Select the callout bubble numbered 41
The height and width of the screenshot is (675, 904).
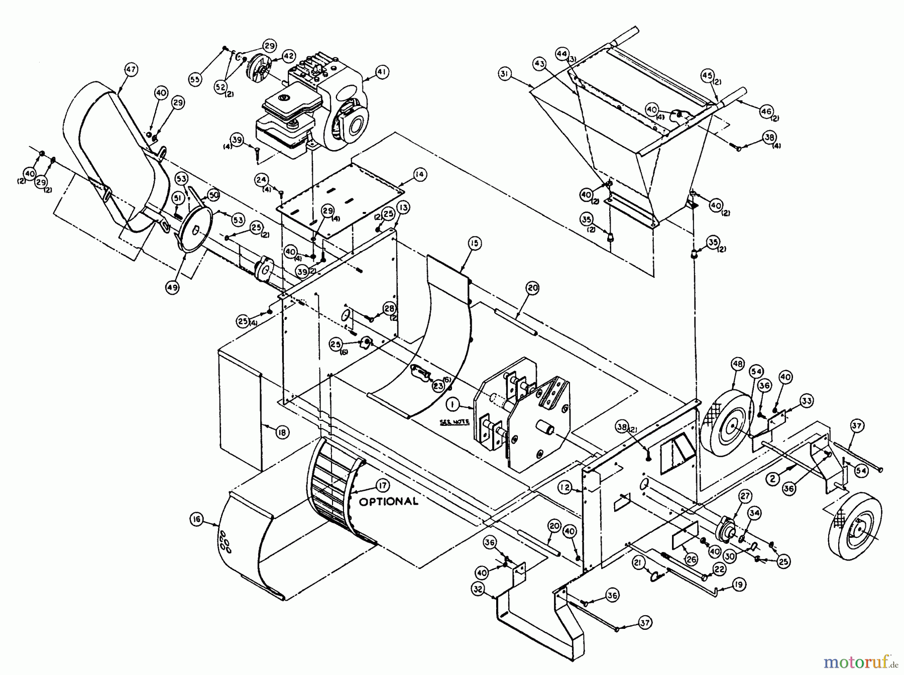click(382, 72)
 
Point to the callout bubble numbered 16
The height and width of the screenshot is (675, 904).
click(197, 520)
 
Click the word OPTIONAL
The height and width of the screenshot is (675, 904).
click(388, 501)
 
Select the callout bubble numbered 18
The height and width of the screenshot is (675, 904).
click(282, 432)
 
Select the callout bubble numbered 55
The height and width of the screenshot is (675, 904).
click(195, 79)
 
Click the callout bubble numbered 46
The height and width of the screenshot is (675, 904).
click(766, 112)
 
